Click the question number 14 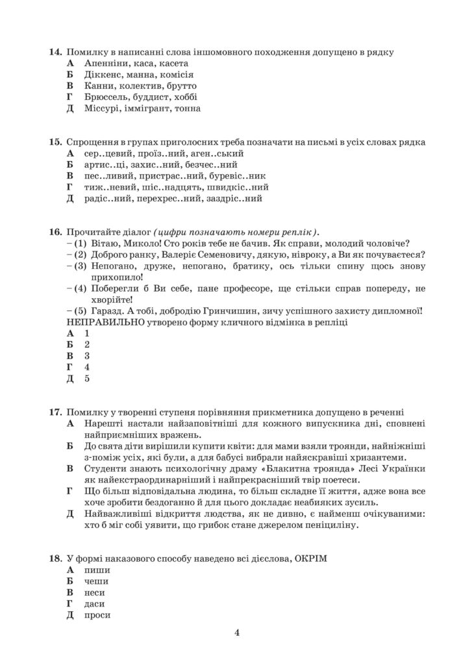[x=55, y=52]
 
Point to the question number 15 [x=55, y=142]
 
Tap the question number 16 [x=55, y=232]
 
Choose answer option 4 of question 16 [x=86, y=367]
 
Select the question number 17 [x=55, y=412]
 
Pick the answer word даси [x=95, y=603]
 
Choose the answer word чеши [x=96, y=581]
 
